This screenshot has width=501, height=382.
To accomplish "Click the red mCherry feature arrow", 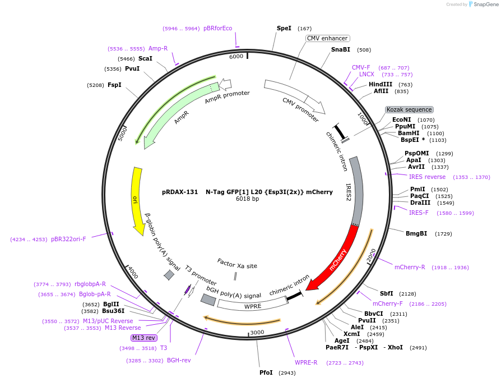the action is click(x=336, y=258).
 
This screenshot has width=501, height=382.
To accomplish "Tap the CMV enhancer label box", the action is click(x=328, y=39).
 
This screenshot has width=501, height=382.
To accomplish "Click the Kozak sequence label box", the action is click(x=409, y=109).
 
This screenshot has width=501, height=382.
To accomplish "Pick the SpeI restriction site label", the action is click(x=284, y=28).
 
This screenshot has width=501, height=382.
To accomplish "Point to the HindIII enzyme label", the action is click(x=381, y=84).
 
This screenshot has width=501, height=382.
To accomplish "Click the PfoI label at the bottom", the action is click(x=266, y=372).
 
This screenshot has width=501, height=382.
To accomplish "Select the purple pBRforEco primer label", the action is click(x=217, y=28).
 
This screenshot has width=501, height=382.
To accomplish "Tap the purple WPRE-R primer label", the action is click(x=306, y=362).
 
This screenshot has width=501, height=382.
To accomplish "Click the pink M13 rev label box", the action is click(x=144, y=338).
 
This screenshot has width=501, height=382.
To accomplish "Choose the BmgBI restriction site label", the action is click(x=416, y=233).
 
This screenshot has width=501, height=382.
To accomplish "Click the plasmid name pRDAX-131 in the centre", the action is click(x=180, y=191).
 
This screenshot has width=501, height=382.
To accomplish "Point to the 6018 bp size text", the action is click(x=247, y=199).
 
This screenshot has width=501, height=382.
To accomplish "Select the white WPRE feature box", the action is click(x=252, y=306).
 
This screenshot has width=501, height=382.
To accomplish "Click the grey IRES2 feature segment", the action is click(x=356, y=191).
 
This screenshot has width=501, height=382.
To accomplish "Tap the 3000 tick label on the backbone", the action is click(x=257, y=332).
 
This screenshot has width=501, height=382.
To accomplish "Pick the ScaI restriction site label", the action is click(x=145, y=58).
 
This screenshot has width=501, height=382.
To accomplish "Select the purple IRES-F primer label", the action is click(x=418, y=213).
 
